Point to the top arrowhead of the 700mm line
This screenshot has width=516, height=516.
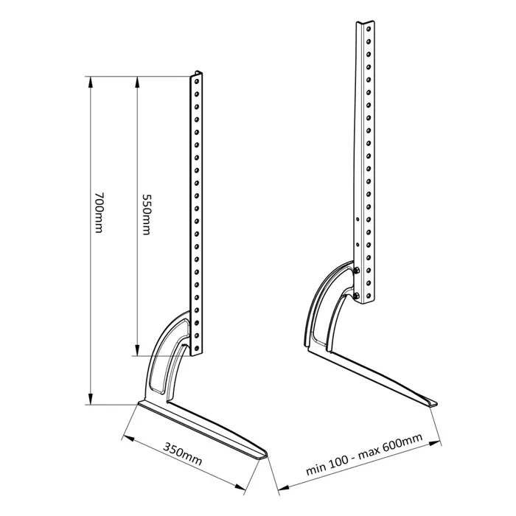(90, 80)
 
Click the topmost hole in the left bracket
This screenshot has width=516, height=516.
(196, 83)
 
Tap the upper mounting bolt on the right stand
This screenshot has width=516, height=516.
(357, 271)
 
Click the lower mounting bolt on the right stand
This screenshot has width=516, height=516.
(358, 296)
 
